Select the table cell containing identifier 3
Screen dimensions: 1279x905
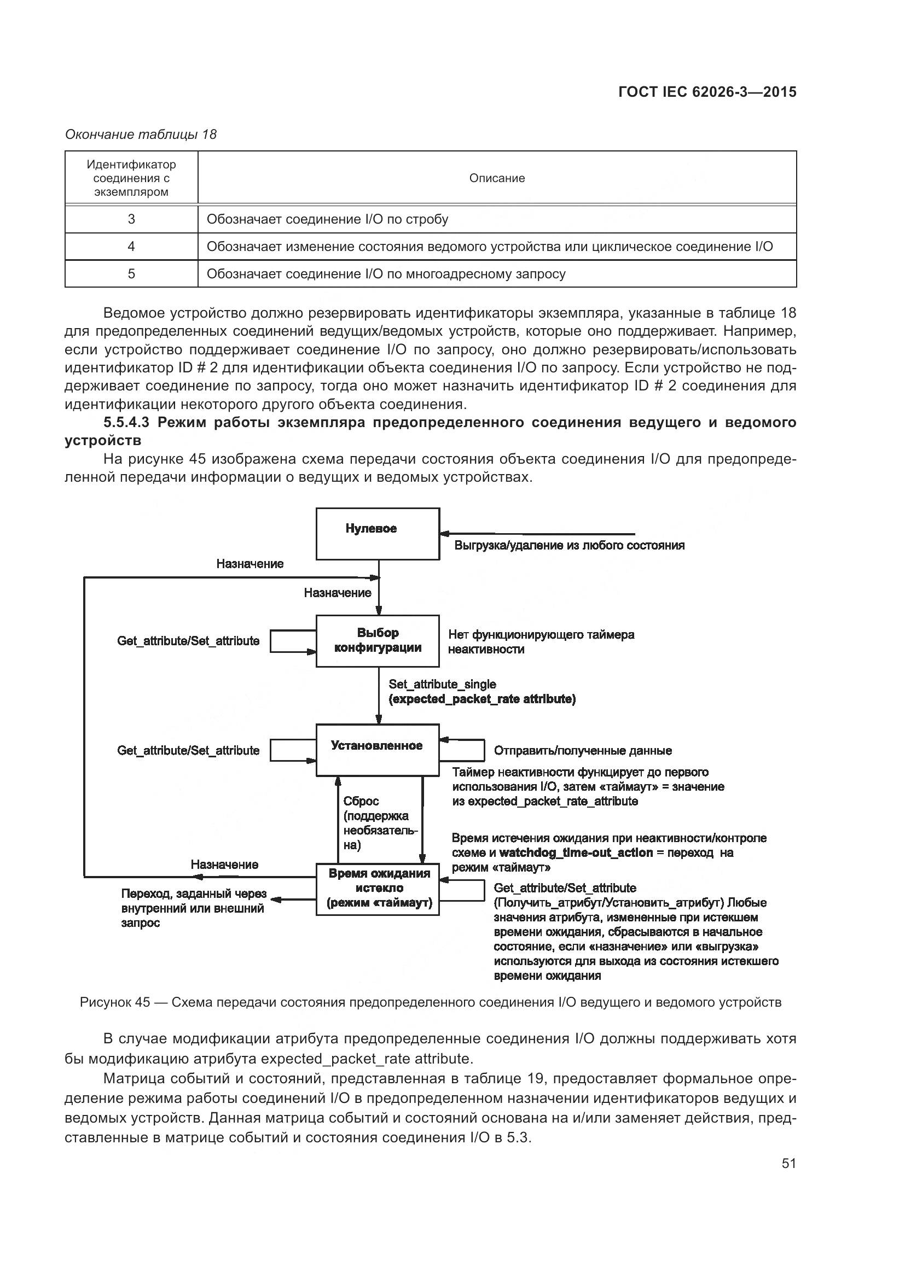coord(131,219)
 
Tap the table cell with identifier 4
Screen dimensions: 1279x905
coord(131,246)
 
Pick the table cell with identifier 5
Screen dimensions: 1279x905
coord(131,273)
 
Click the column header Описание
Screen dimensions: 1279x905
coord(496,178)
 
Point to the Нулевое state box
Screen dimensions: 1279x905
coord(378,533)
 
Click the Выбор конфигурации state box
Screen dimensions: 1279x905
coord(378,641)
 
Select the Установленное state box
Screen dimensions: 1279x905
coord(378,749)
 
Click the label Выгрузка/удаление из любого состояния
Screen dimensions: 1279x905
coord(569,545)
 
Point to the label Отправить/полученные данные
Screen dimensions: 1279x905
coord(582,751)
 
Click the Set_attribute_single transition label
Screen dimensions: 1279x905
coord(442,684)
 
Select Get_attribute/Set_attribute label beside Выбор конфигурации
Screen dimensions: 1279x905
coord(188,641)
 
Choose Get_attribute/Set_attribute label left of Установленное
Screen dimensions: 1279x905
coord(188,751)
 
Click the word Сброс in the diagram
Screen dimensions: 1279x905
coord(361,801)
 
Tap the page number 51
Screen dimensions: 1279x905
coord(788,1163)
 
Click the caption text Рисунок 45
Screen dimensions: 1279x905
coord(115,1003)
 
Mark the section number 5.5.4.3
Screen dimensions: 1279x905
coord(126,422)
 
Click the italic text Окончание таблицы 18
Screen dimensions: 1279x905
coord(141,135)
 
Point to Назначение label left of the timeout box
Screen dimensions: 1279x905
coord(224,865)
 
